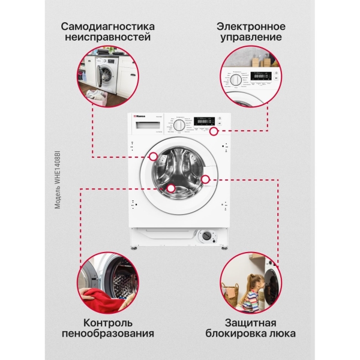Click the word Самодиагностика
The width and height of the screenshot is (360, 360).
point(107,27)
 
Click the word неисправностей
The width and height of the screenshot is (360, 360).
point(107,38)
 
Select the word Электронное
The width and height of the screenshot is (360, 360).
point(251,27)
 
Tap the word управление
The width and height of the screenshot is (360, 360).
point(251,38)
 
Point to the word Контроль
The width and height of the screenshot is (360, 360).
point(107,321)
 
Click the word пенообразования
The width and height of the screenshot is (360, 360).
point(107,332)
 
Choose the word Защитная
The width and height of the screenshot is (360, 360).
point(251,321)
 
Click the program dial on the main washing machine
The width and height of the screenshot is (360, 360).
point(179,125)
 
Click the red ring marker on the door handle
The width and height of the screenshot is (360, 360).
point(206,179)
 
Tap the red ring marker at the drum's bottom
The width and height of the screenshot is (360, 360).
point(171,188)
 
